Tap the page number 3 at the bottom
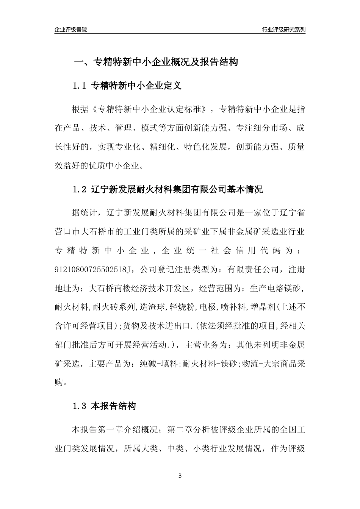tap(180, 475)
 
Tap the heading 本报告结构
tap(113, 407)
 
